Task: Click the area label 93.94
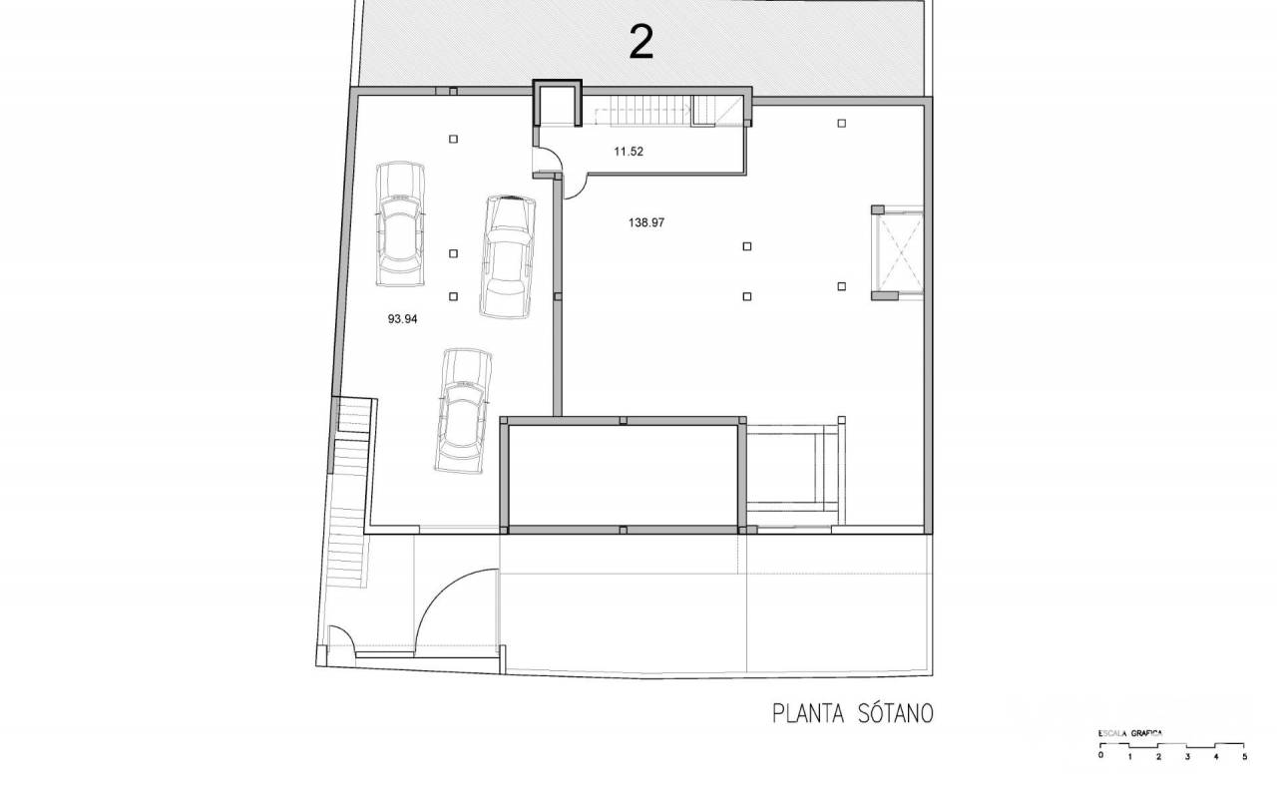point(402,319)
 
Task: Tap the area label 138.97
point(646,222)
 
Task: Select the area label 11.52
point(629,152)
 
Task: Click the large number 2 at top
point(641,42)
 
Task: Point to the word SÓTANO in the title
point(895,713)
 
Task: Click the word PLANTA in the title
point(808,713)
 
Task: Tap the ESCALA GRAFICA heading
point(1130,733)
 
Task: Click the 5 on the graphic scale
point(1244,757)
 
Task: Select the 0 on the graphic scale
point(1100,756)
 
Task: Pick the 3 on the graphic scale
point(1187,757)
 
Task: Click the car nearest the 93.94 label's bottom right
point(464,411)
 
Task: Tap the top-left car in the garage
point(401,224)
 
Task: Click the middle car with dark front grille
point(508,256)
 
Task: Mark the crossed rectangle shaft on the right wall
point(900,252)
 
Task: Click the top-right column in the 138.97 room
point(841,123)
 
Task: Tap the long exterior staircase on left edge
point(349,492)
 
